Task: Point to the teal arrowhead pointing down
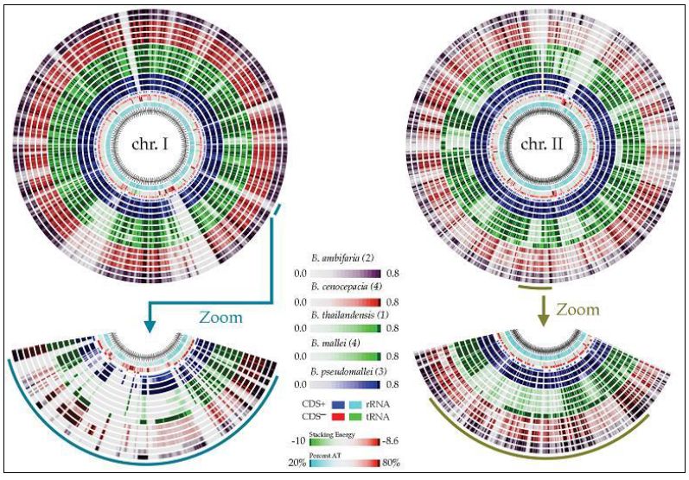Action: pos(150,325)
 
